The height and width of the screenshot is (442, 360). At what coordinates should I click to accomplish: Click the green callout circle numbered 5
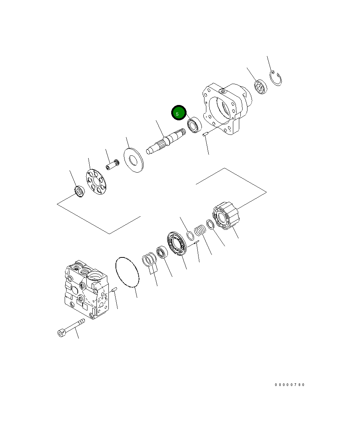[x=179, y=113]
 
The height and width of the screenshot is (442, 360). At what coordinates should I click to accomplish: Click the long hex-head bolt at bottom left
[x=71, y=327]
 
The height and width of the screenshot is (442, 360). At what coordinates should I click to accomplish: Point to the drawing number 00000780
[x=290, y=385]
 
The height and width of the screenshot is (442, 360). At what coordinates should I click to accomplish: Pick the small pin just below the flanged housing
[x=205, y=135]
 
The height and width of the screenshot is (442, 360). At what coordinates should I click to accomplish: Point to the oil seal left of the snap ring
[x=261, y=88]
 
